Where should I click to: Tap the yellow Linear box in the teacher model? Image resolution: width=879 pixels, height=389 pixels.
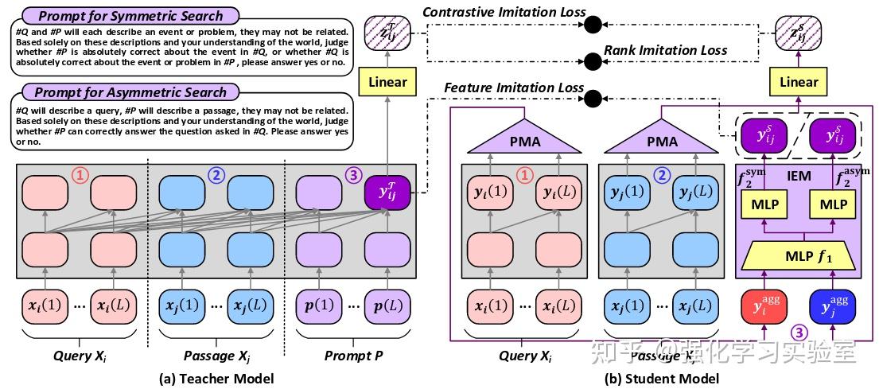click(387, 82)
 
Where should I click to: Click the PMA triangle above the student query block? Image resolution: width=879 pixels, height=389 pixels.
click(523, 140)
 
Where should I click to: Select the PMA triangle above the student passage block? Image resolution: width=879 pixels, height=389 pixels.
click(662, 140)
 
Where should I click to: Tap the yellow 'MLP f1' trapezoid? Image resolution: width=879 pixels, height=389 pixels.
click(799, 256)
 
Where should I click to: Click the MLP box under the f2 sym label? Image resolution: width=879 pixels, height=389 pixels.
click(764, 204)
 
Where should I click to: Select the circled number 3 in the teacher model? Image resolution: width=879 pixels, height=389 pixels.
click(353, 174)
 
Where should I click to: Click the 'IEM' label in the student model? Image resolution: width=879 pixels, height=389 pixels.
click(799, 176)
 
